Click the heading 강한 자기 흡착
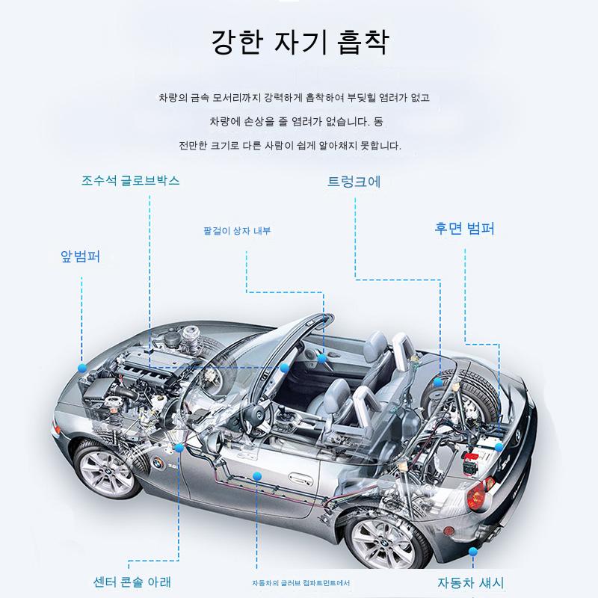[300, 42]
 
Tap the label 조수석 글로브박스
[130, 180]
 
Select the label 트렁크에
[354, 182]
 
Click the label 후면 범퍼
[464, 228]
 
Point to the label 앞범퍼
[81, 256]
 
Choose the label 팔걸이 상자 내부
[237, 231]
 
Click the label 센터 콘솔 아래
[132, 582]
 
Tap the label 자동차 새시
[471, 582]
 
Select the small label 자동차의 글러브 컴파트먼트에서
[301, 583]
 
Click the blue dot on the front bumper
[82, 368]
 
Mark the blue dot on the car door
[257, 476]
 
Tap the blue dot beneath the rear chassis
[473, 552]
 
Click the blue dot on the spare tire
[438, 382]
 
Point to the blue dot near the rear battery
[499, 447]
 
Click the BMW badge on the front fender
[158, 463]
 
